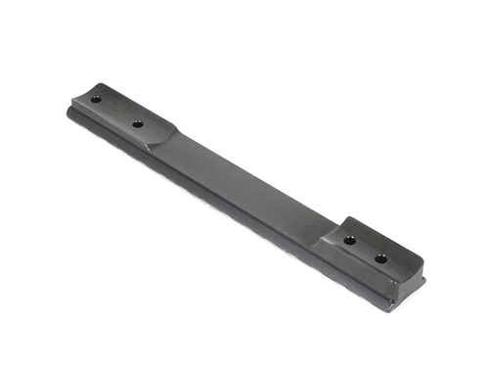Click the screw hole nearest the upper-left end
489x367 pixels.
(x=97, y=99)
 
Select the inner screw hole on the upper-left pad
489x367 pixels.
(x=138, y=124)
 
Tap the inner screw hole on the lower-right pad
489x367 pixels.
(x=349, y=239)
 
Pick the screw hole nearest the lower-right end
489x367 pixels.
(x=380, y=258)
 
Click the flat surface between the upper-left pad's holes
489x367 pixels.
(x=117, y=112)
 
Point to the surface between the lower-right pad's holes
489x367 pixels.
(x=365, y=249)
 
